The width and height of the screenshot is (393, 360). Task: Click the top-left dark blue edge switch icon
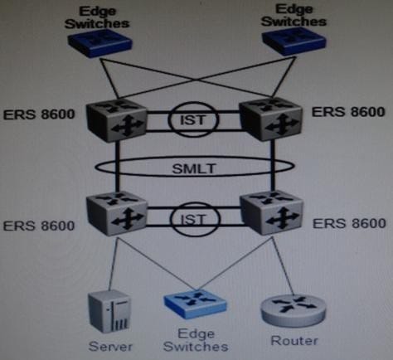(99, 43)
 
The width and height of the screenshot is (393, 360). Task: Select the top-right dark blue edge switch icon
(294, 42)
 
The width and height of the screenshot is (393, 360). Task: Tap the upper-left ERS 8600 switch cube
(116, 120)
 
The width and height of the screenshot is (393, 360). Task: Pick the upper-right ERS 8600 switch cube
(271, 119)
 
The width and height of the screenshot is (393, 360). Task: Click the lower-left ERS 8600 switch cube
(117, 214)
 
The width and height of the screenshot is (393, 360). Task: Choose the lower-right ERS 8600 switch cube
(272, 213)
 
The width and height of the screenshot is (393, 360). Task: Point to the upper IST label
(193, 120)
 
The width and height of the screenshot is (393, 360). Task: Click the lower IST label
(194, 220)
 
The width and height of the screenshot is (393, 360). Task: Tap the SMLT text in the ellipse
(194, 168)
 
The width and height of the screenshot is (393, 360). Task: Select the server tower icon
(109, 312)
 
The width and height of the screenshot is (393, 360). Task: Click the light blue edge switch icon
(196, 304)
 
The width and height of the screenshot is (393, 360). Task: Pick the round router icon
(294, 309)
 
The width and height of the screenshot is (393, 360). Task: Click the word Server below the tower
(110, 346)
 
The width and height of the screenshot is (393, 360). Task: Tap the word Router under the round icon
(294, 340)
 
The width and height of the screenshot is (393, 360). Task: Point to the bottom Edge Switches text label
(196, 340)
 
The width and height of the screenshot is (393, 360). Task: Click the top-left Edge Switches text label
(97, 17)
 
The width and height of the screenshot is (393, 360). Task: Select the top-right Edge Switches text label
(294, 16)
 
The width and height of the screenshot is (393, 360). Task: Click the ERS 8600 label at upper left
(39, 114)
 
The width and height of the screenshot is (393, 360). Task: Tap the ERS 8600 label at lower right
(349, 223)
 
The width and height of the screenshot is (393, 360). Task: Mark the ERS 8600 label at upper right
(348, 112)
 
